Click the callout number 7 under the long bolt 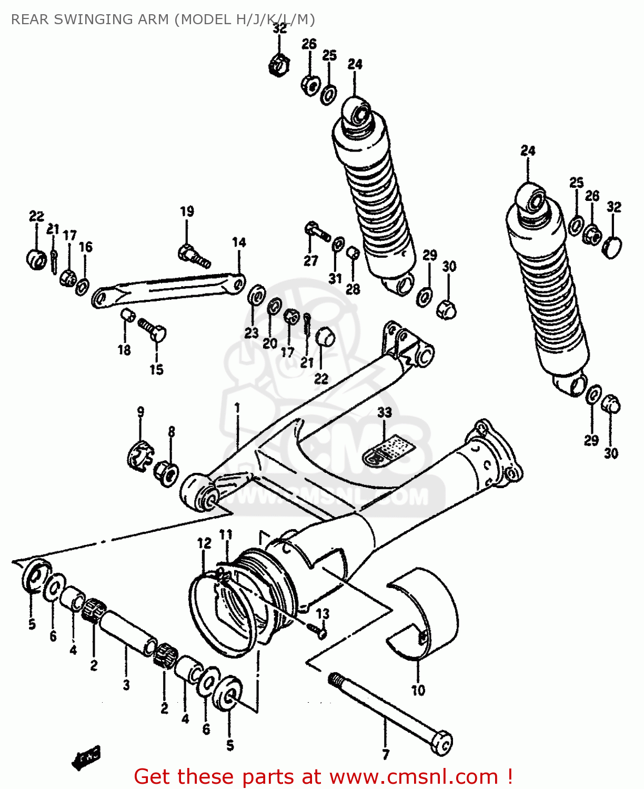point(386,754)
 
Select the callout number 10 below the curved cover point(418,690)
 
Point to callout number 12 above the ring point(204,543)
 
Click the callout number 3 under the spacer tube point(126,684)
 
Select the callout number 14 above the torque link point(239,242)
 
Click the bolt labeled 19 point(193,255)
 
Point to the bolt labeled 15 point(153,330)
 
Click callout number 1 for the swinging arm point(237,408)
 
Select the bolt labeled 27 point(316,231)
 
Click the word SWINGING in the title point(93,19)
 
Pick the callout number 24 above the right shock point(528,150)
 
